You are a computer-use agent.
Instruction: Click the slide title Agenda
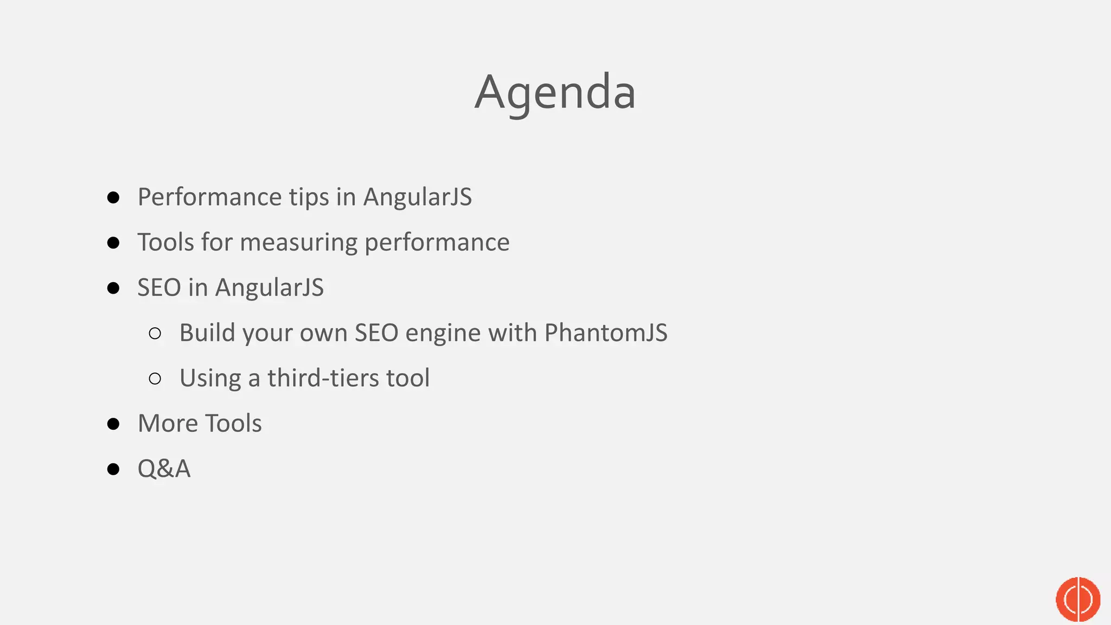[x=555, y=92]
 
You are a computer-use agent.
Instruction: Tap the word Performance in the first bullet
[x=209, y=197]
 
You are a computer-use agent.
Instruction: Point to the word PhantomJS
[x=605, y=333]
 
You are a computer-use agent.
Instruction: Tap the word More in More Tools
[x=167, y=423]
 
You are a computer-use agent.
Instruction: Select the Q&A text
[x=164, y=469]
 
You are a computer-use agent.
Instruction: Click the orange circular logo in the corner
[x=1077, y=599]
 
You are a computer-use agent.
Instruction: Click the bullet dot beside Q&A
[x=113, y=469]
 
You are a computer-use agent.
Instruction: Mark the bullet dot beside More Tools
[x=113, y=424]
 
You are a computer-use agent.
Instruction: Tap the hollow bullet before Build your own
[x=155, y=333]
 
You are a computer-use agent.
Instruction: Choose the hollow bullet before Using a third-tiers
[x=155, y=378]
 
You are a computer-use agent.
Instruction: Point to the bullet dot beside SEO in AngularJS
[x=113, y=288]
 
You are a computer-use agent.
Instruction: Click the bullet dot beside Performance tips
[x=113, y=197]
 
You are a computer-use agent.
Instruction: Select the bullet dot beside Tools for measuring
[x=113, y=243]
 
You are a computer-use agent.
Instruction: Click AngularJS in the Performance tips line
[x=417, y=197]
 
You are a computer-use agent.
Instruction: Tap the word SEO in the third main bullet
[x=159, y=288]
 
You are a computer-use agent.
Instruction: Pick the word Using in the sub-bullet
[x=210, y=378]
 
